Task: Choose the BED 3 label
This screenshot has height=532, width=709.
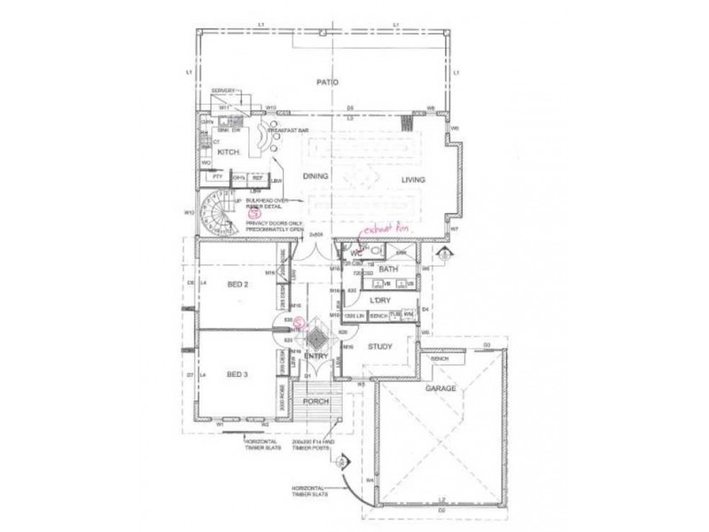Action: coord(238,375)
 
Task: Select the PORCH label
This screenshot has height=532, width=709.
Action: coord(316,402)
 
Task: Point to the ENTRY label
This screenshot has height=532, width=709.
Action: coord(316,356)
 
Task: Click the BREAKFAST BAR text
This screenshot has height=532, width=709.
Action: coord(291,130)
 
